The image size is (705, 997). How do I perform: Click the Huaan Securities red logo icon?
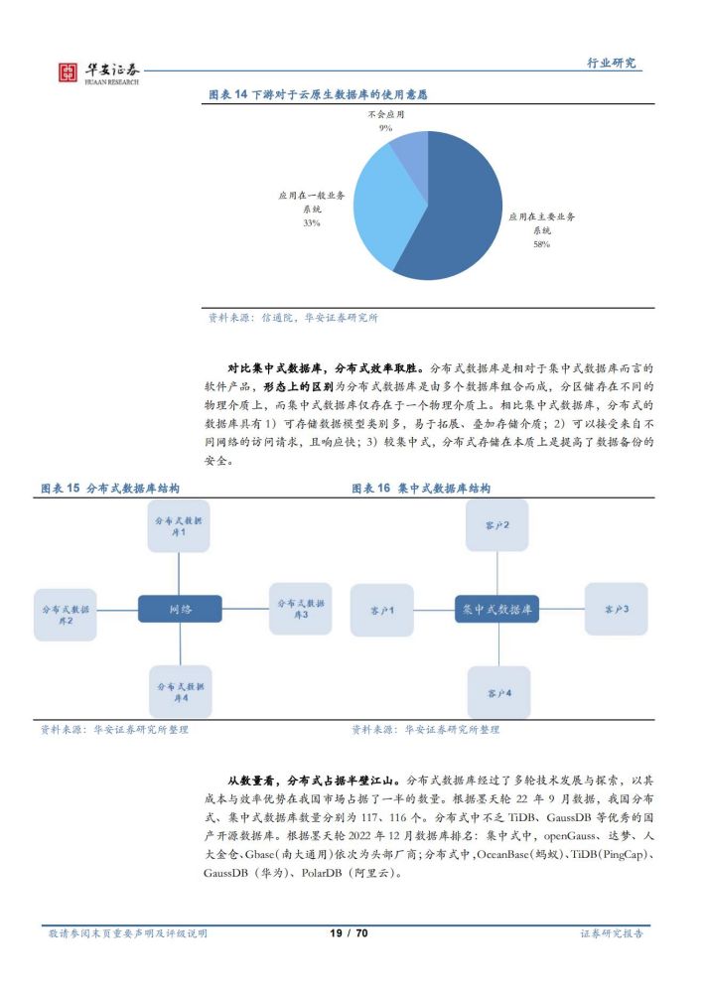pyautogui.click(x=67, y=72)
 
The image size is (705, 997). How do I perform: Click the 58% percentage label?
pyautogui.click(x=541, y=244)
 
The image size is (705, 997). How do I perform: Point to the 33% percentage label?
pyautogui.click(x=312, y=222)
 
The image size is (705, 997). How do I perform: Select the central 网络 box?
pyautogui.click(x=180, y=609)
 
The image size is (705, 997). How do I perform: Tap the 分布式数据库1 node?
pyautogui.click(x=179, y=526)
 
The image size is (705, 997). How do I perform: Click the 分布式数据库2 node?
pyautogui.click(x=66, y=615)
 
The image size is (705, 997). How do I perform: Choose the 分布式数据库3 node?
pyautogui.click(x=301, y=609)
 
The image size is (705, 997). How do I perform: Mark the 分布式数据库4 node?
pyautogui.click(x=181, y=692)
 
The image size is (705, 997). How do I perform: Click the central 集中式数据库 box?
pyautogui.click(x=497, y=609)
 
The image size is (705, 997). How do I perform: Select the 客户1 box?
pyautogui.click(x=382, y=611)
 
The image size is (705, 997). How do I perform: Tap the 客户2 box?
pyautogui.click(x=497, y=525)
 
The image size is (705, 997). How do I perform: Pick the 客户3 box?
pyautogui.click(x=617, y=609)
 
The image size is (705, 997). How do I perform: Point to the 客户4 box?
pyautogui.click(x=499, y=692)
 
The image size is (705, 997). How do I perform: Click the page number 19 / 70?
pyautogui.click(x=349, y=932)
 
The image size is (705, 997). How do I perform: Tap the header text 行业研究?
pyautogui.click(x=611, y=63)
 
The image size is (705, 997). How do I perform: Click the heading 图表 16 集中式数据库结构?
pyautogui.click(x=421, y=489)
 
